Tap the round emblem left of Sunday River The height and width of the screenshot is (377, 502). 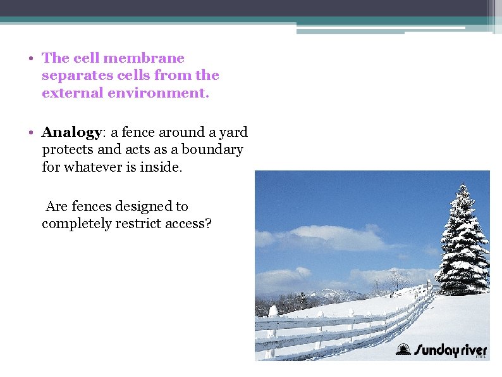[402, 349]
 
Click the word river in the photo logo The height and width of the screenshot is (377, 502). [470, 350]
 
